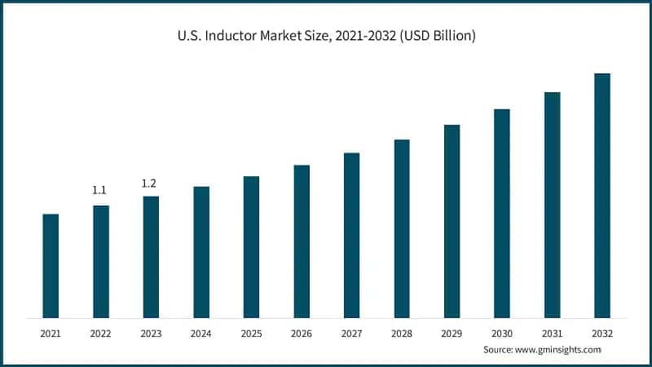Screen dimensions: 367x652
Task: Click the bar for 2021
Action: (51, 266)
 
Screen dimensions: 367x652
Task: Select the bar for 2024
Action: (201, 252)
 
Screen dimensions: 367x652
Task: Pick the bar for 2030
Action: (502, 213)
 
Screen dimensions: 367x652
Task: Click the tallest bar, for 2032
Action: (602, 196)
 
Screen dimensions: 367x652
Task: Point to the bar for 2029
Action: (452, 221)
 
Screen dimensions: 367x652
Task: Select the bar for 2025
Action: (251, 247)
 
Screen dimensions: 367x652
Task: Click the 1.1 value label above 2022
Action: (99, 190)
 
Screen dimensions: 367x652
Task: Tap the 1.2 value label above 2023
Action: (149, 183)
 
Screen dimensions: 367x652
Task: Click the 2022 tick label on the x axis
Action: (100, 334)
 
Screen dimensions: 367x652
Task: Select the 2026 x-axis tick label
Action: (302, 334)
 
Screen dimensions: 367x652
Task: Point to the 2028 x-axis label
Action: (402, 334)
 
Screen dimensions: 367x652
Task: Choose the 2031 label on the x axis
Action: (553, 334)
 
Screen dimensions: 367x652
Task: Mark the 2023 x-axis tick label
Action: (151, 334)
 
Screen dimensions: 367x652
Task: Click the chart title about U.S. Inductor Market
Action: (326, 36)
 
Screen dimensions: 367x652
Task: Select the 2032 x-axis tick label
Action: (602, 334)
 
